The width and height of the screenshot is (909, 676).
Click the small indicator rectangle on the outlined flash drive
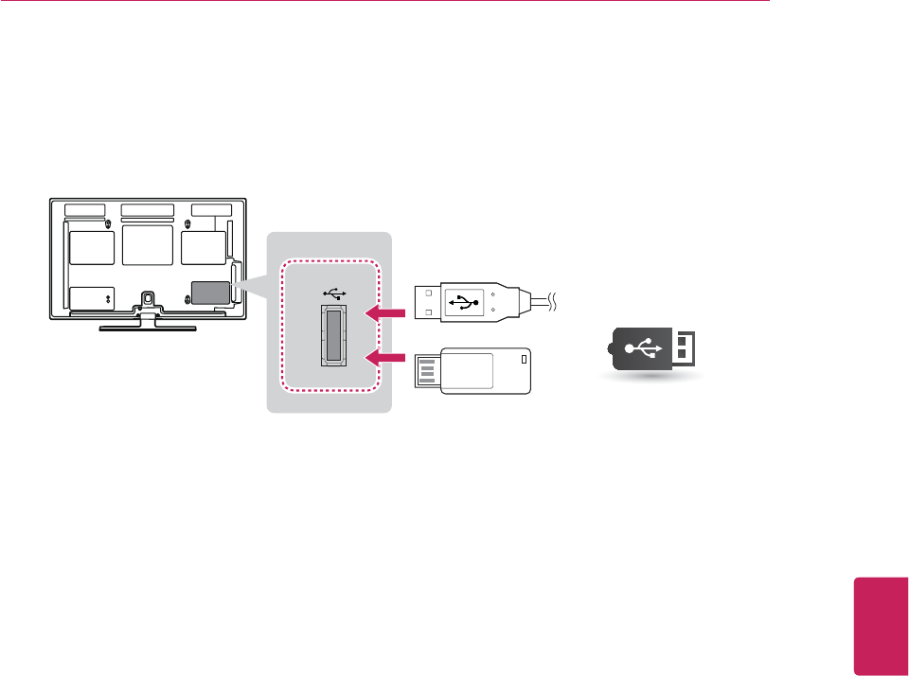coord(524,358)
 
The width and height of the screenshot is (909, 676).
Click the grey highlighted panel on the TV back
coord(210,292)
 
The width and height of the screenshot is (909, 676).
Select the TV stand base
coord(148,327)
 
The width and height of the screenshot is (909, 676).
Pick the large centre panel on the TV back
coord(148,244)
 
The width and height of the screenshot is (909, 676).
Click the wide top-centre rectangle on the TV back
coord(148,209)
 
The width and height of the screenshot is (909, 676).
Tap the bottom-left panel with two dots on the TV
coord(92,297)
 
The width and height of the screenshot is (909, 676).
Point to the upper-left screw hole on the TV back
coord(108,224)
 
